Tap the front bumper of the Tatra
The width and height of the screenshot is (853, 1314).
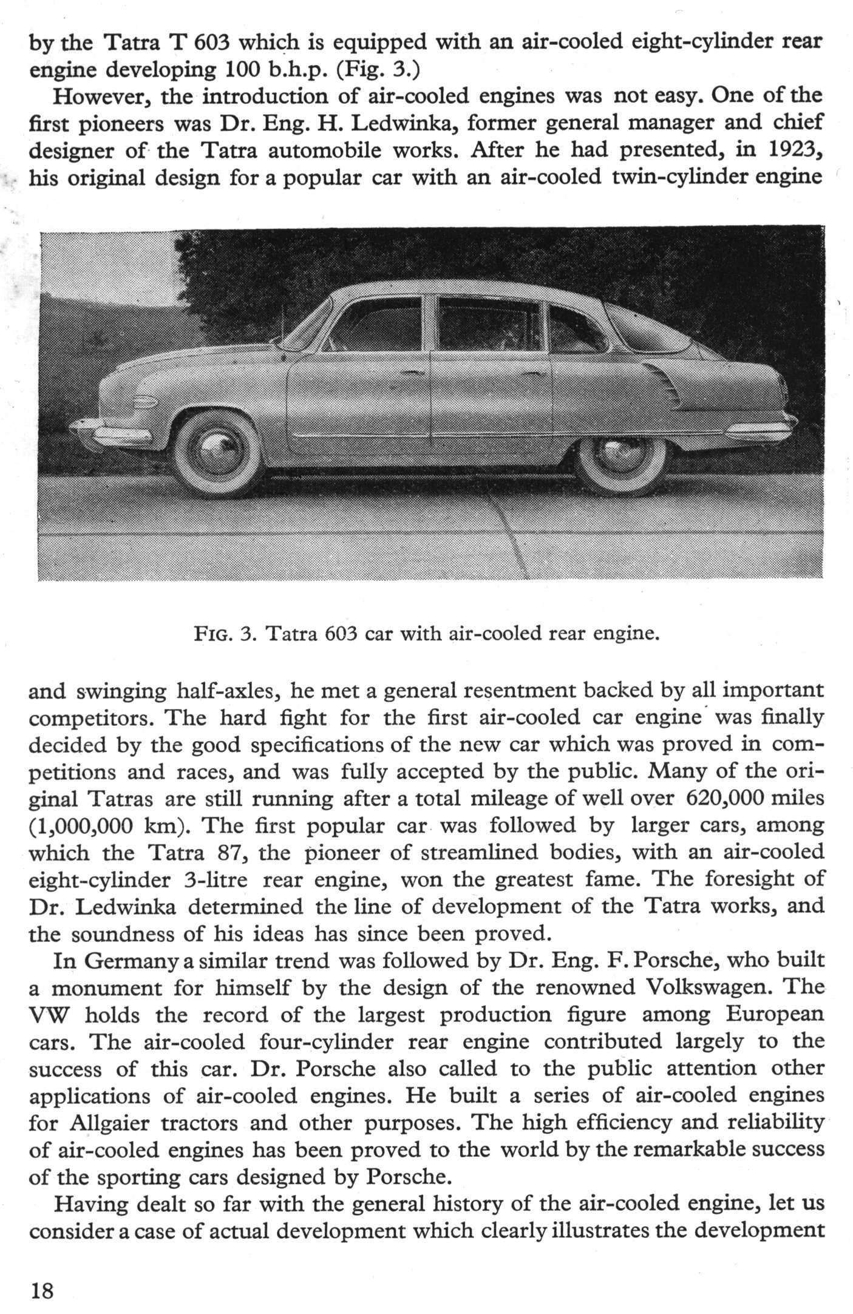click(112, 432)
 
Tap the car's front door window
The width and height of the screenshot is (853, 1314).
click(376, 324)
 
